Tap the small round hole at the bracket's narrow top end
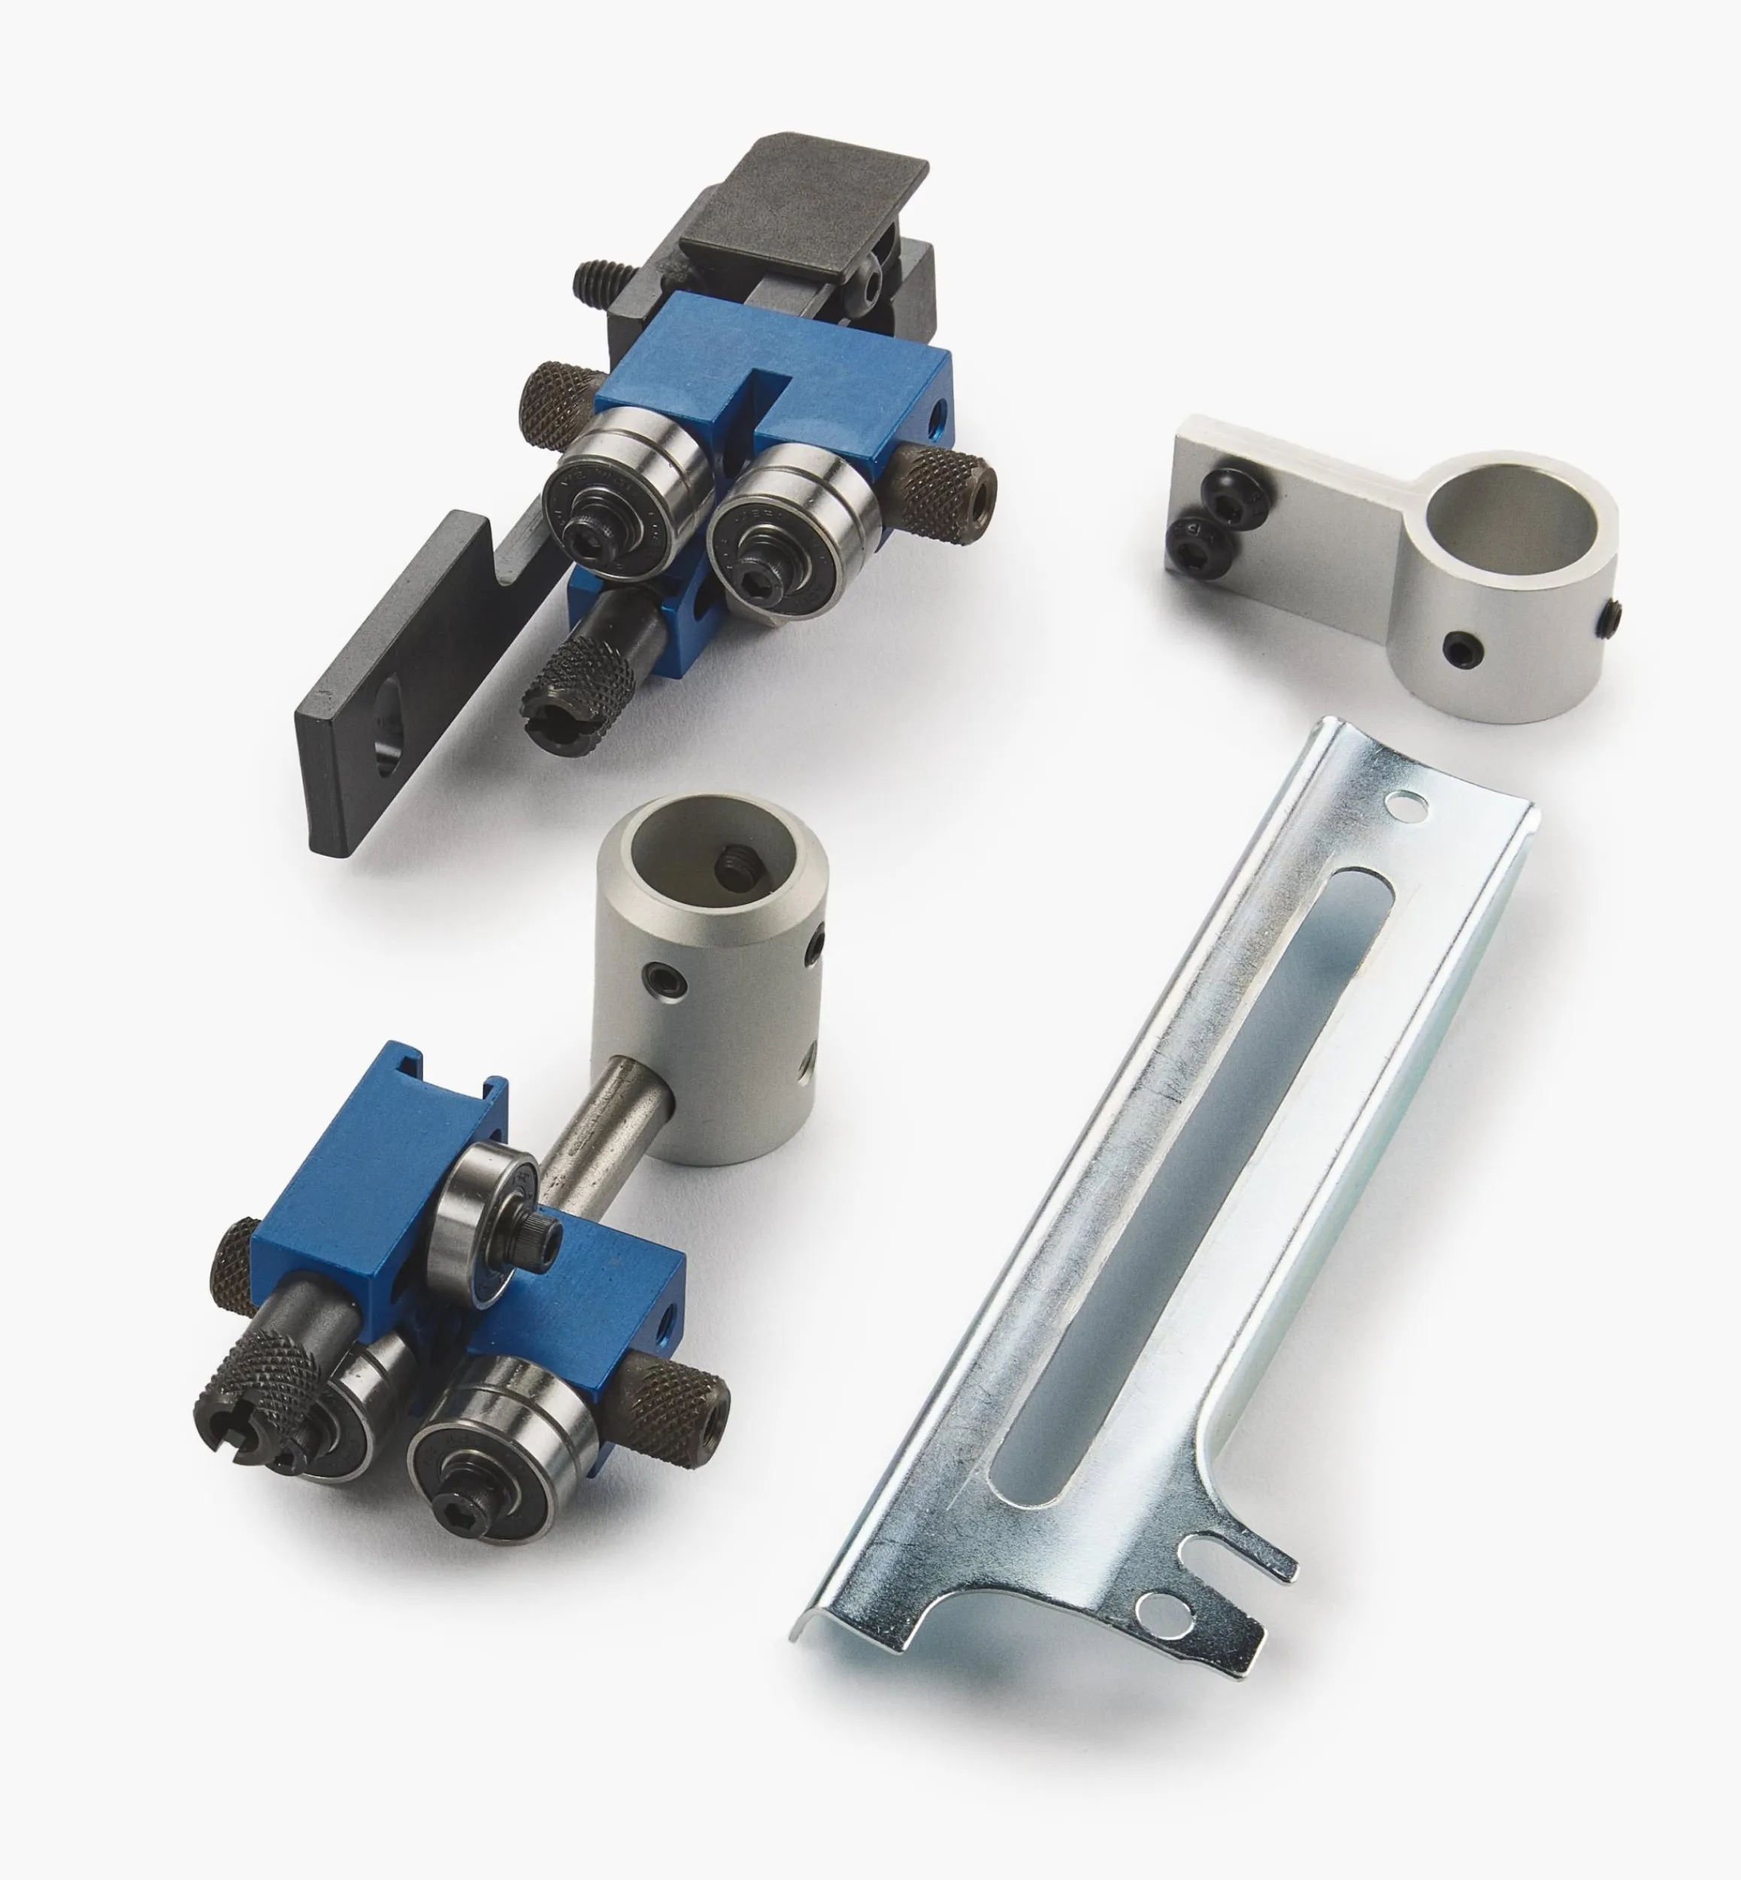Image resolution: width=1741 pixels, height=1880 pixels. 1406,804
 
